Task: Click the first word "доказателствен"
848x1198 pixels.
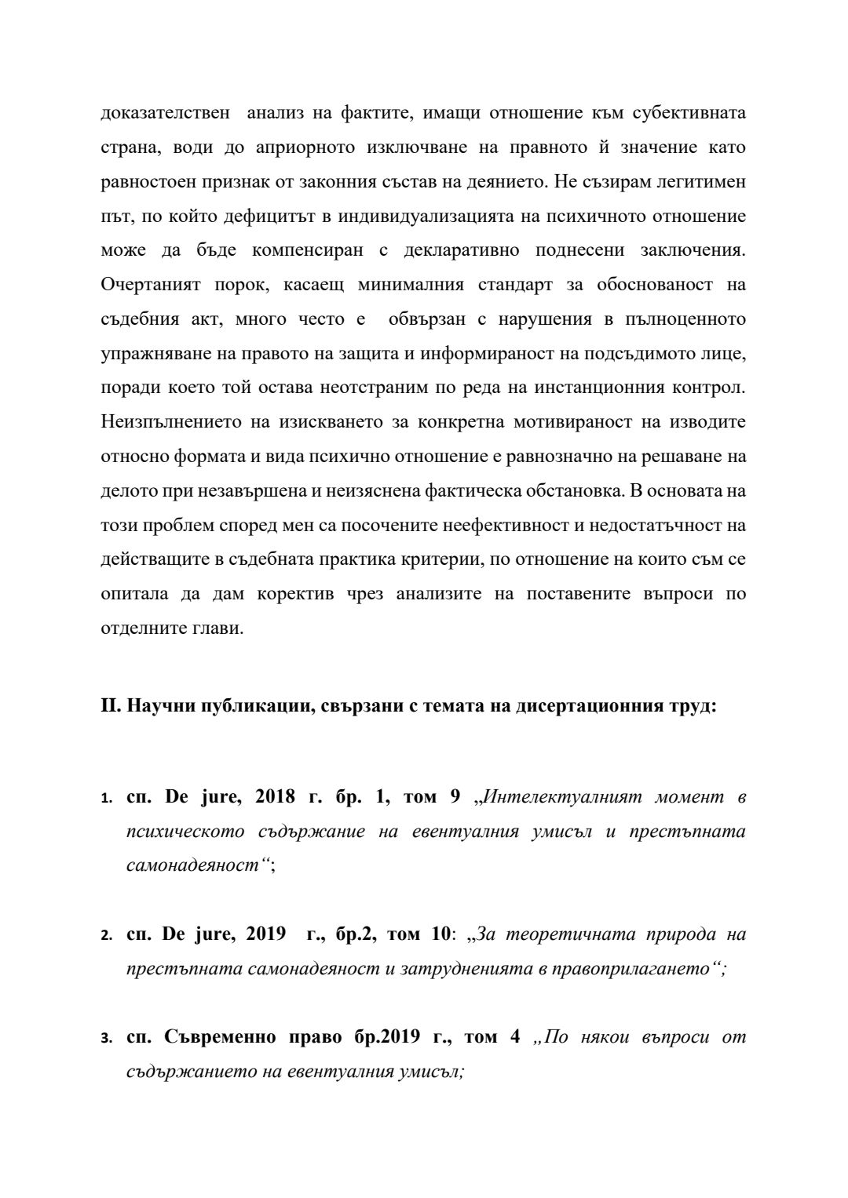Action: click(166, 113)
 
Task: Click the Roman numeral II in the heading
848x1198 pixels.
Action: click(108, 706)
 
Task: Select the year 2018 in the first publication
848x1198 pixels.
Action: click(275, 797)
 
